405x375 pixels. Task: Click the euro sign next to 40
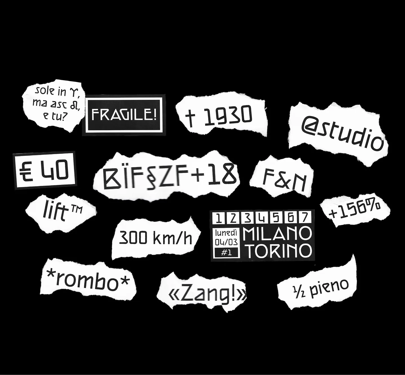(26, 172)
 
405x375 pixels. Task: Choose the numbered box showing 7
(305, 218)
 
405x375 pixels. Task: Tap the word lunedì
(226, 233)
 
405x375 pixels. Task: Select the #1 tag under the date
(226, 253)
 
